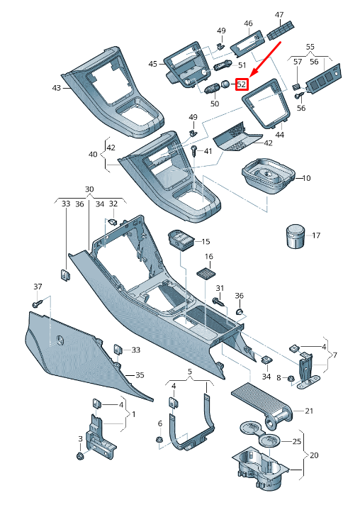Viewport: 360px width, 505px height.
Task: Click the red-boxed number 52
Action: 242,84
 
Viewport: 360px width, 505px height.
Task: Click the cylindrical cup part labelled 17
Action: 293,236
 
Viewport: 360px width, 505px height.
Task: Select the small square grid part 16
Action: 206,273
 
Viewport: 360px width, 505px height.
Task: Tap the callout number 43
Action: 56,88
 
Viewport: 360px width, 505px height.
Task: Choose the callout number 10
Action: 306,177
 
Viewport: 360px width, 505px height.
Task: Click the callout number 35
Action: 140,375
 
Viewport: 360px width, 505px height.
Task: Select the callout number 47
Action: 279,13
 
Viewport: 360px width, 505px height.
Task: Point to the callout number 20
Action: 315,455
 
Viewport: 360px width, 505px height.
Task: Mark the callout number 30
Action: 89,189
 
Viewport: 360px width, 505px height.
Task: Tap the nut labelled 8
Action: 291,377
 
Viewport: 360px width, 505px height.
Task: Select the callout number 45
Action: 152,64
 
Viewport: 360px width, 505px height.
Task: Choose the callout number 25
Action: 288,441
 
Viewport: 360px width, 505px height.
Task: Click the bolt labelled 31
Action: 218,302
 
